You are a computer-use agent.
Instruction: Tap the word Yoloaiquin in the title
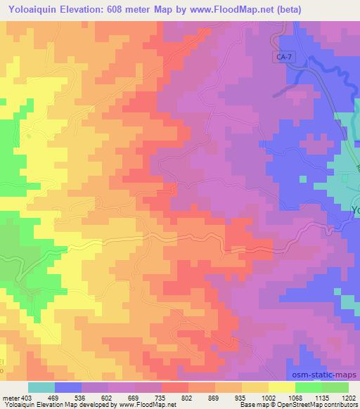point(32,8)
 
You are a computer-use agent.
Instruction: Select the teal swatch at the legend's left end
point(41,387)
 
